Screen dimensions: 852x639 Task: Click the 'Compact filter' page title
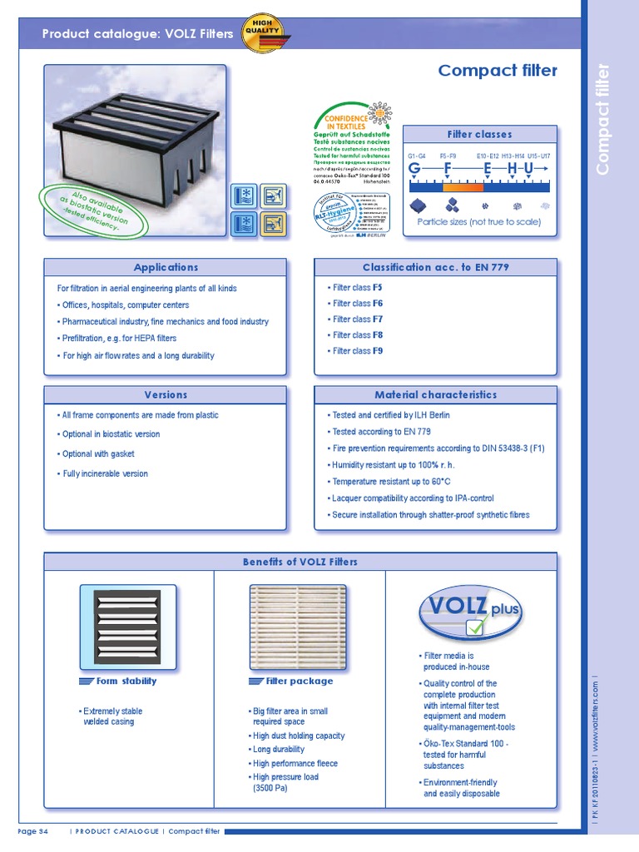tap(498, 71)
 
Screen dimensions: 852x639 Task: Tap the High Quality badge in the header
tap(260, 32)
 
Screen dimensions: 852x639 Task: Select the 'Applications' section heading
tap(166, 267)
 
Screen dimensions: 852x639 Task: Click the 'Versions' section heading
tap(166, 395)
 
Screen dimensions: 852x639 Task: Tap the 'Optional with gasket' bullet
tap(98, 454)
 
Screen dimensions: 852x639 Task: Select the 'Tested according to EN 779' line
tap(381, 432)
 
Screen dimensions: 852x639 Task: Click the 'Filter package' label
tap(290, 681)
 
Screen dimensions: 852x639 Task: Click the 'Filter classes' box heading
tap(480, 135)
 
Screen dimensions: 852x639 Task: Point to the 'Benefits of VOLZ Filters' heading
tap(300, 562)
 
